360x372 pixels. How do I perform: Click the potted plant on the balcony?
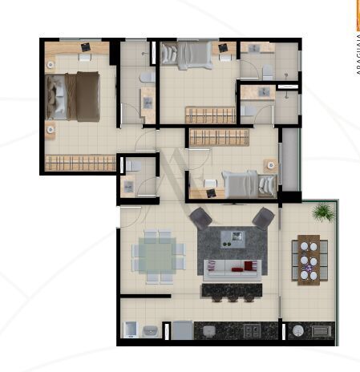pos(322,212)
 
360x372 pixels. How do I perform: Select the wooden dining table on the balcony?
pos(308,260)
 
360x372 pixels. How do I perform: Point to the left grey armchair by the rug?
pos(200,217)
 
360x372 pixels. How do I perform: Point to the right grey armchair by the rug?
pos(263,216)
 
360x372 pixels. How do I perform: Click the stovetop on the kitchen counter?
pos(251,330)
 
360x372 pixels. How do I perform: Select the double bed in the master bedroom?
pos(73,96)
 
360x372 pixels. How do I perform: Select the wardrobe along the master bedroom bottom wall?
pos(80,164)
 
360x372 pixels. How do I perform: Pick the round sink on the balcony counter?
pos(297,330)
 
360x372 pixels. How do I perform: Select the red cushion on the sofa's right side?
pos(252,266)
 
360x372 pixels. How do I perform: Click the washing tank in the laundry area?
pos(150,330)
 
